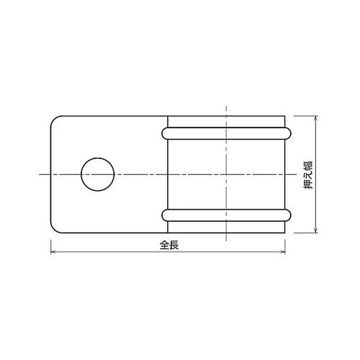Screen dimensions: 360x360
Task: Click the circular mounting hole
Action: [x=98, y=174]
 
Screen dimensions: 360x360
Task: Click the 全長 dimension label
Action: [x=169, y=245]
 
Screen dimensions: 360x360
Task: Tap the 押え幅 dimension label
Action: [x=308, y=175]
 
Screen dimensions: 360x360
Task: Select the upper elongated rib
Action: [x=226, y=133]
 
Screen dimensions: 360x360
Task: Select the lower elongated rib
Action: [x=226, y=215]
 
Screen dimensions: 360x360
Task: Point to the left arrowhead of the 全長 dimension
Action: [x=53, y=252]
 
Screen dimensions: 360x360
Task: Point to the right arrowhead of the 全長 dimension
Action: [x=283, y=252]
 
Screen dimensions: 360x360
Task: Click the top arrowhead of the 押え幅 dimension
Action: [x=316, y=118]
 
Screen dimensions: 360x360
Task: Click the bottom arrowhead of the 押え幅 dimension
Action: [x=316, y=230]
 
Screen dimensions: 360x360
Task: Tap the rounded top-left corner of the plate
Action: [x=54, y=120]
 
